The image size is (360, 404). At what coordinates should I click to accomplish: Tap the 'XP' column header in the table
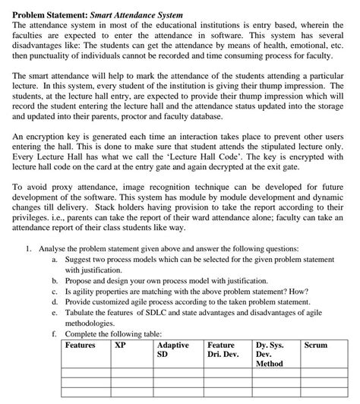click(x=120, y=345)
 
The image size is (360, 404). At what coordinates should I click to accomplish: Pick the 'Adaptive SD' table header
click(x=173, y=349)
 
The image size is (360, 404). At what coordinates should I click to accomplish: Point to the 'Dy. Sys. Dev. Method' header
click(x=270, y=354)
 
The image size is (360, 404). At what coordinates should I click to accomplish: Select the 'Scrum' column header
click(x=315, y=345)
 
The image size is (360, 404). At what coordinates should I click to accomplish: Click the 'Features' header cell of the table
click(x=81, y=345)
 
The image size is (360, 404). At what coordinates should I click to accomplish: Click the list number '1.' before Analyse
click(x=28, y=248)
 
